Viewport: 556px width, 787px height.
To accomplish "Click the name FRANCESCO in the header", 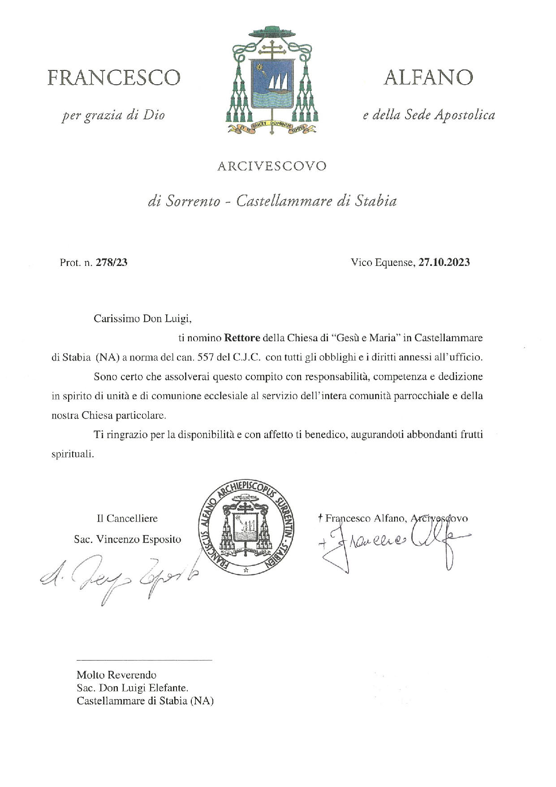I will pyautogui.click(x=114, y=78).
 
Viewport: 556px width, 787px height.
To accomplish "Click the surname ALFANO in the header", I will pyautogui.click(x=428, y=78).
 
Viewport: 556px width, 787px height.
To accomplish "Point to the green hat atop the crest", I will pyautogui.click(x=272, y=33).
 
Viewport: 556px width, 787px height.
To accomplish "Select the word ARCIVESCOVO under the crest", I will pyautogui.click(x=272, y=166).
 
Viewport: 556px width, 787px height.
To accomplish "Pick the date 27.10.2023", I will pyautogui.click(x=444, y=263).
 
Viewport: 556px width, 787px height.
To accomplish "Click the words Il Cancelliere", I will pyautogui.click(x=127, y=519).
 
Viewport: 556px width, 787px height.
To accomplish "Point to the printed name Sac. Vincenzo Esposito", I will pyautogui.click(x=128, y=539).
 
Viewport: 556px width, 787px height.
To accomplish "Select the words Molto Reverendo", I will pyautogui.click(x=116, y=675).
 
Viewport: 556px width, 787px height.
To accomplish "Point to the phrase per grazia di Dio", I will pyautogui.click(x=113, y=115).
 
